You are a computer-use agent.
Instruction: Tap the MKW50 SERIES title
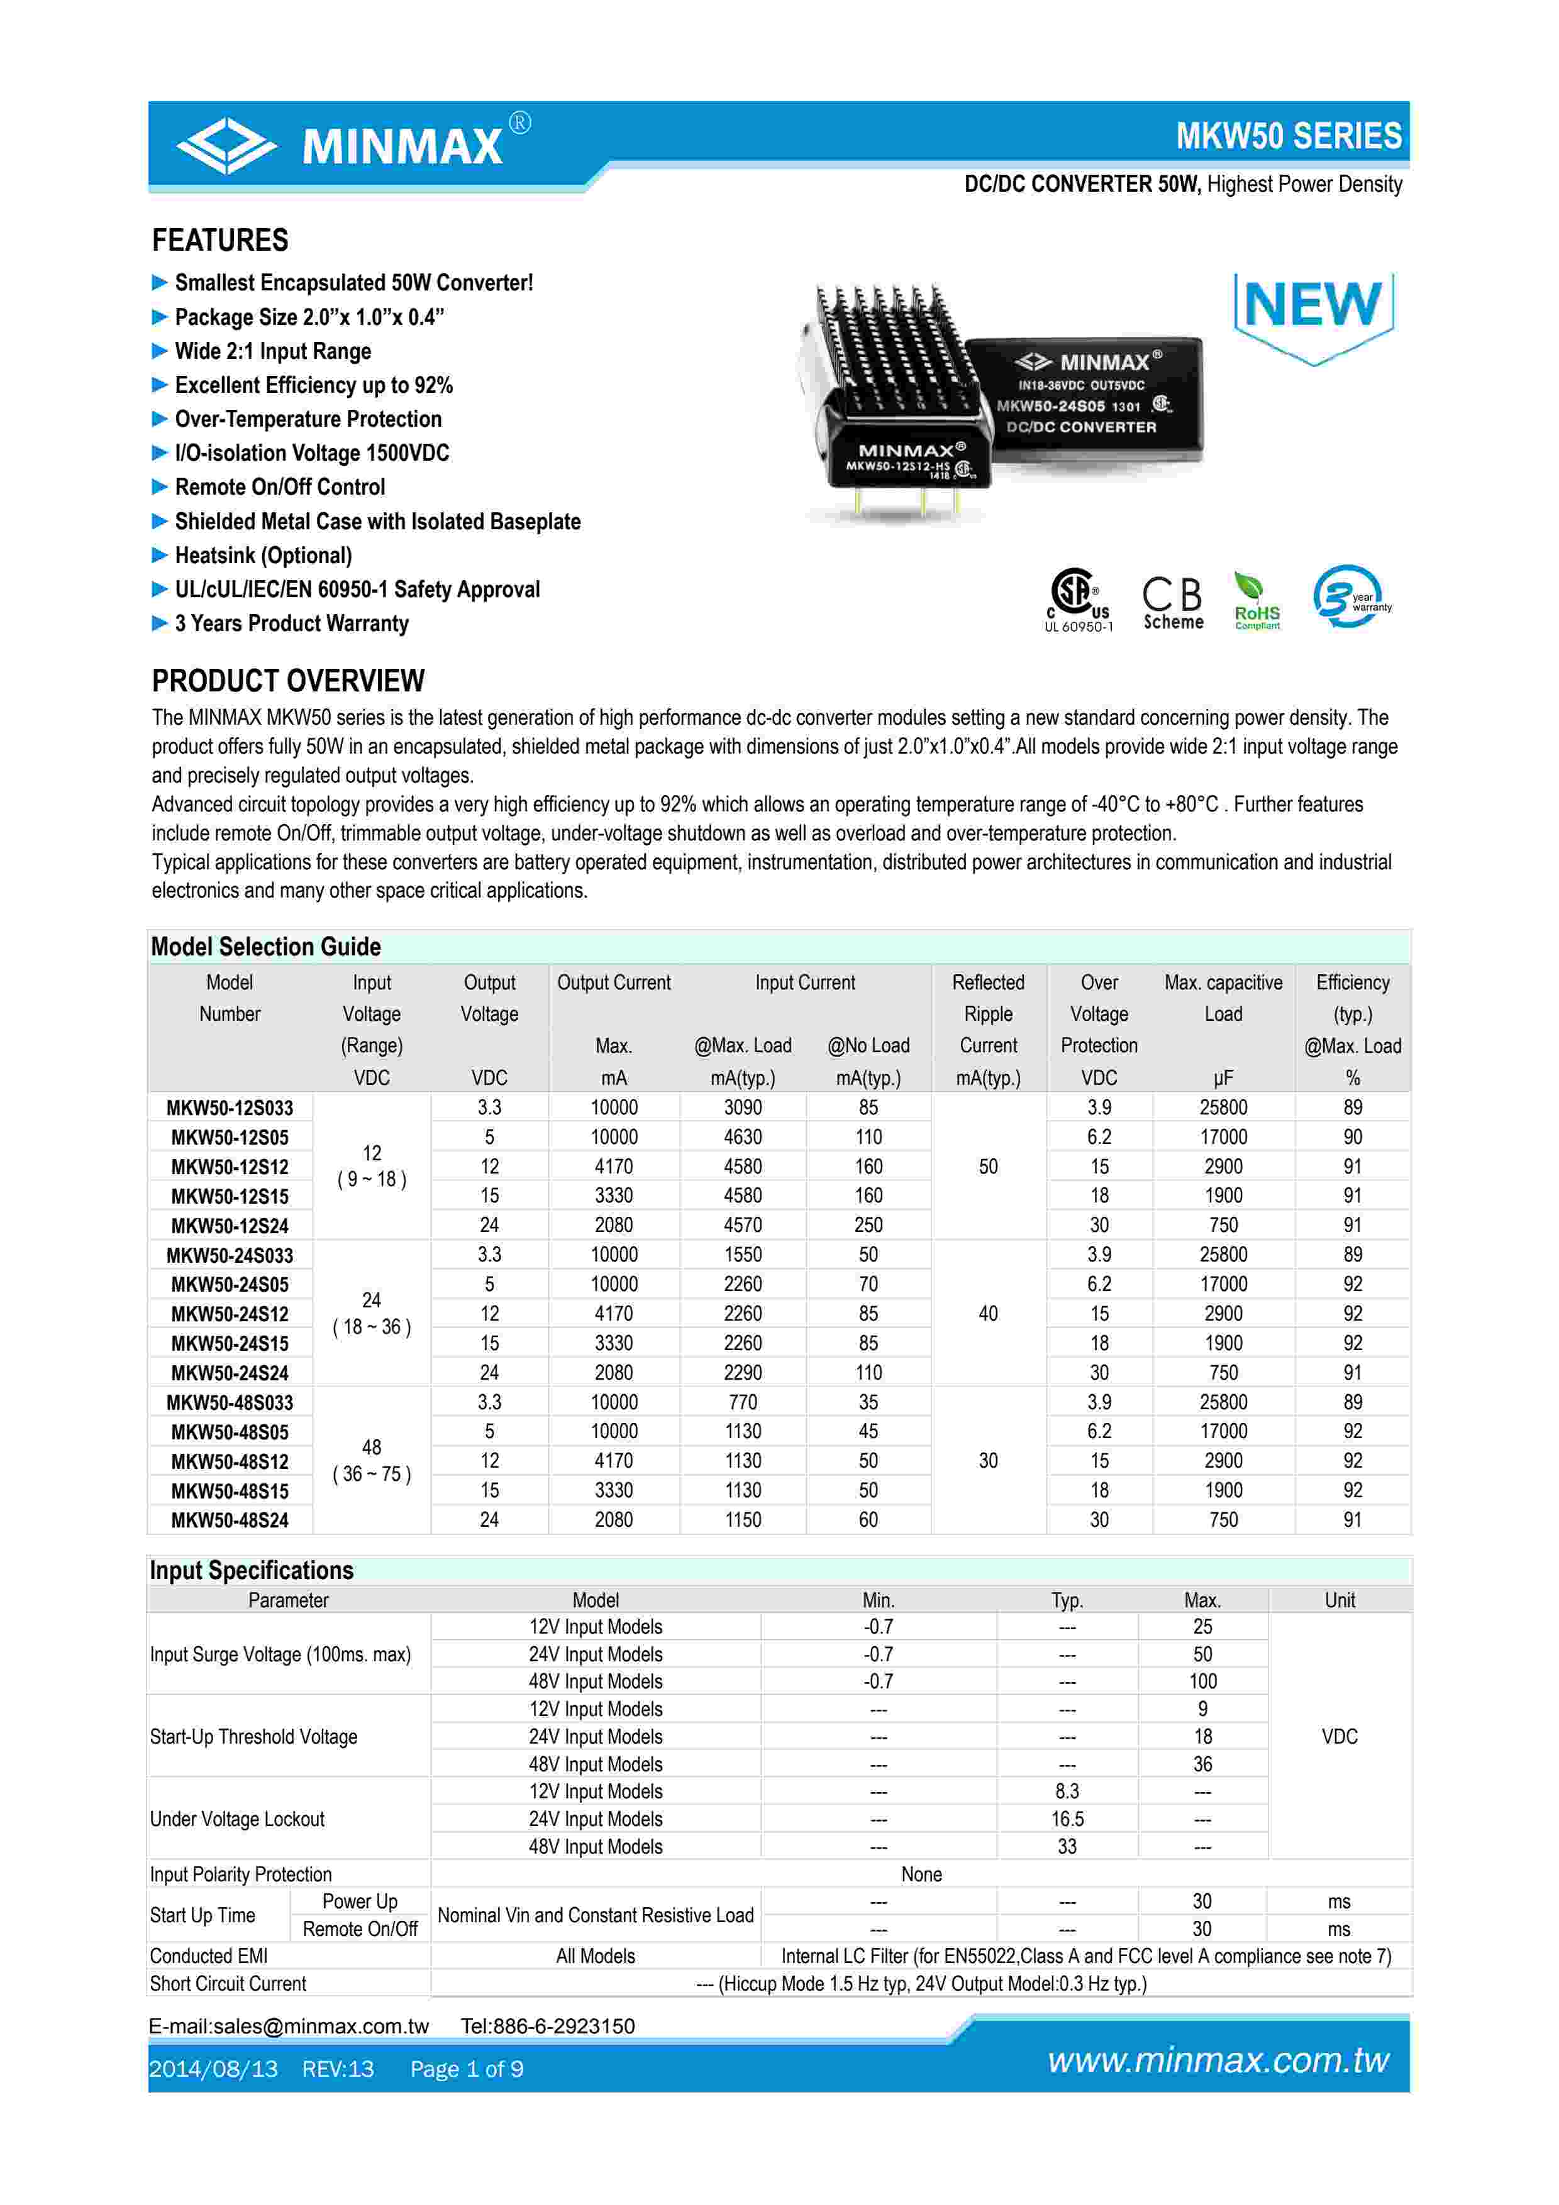(1288, 136)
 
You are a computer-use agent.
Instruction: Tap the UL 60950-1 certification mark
(1079, 601)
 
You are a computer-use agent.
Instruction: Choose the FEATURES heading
(220, 240)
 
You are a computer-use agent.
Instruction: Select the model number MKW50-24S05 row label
(230, 1285)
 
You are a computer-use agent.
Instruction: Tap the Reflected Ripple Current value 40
(987, 1314)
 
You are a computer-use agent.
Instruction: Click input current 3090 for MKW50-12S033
(743, 1108)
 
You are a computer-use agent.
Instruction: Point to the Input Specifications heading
(252, 1570)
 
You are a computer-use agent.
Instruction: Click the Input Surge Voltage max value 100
(1202, 1681)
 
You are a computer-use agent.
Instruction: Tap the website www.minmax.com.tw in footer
(1218, 2061)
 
